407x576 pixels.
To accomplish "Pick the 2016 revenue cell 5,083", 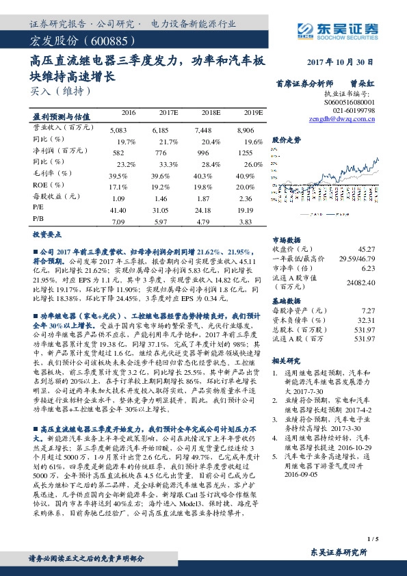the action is click(x=118, y=129).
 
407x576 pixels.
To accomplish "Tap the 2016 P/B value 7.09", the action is click(x=118, y=222).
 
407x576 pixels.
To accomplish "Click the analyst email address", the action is click(x=343, y=118).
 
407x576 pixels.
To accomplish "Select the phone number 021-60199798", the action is click(x=354, y=109).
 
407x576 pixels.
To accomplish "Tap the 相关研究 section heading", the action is click(x=287, y=360).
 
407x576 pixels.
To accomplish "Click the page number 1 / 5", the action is click(x=372, y=540).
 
